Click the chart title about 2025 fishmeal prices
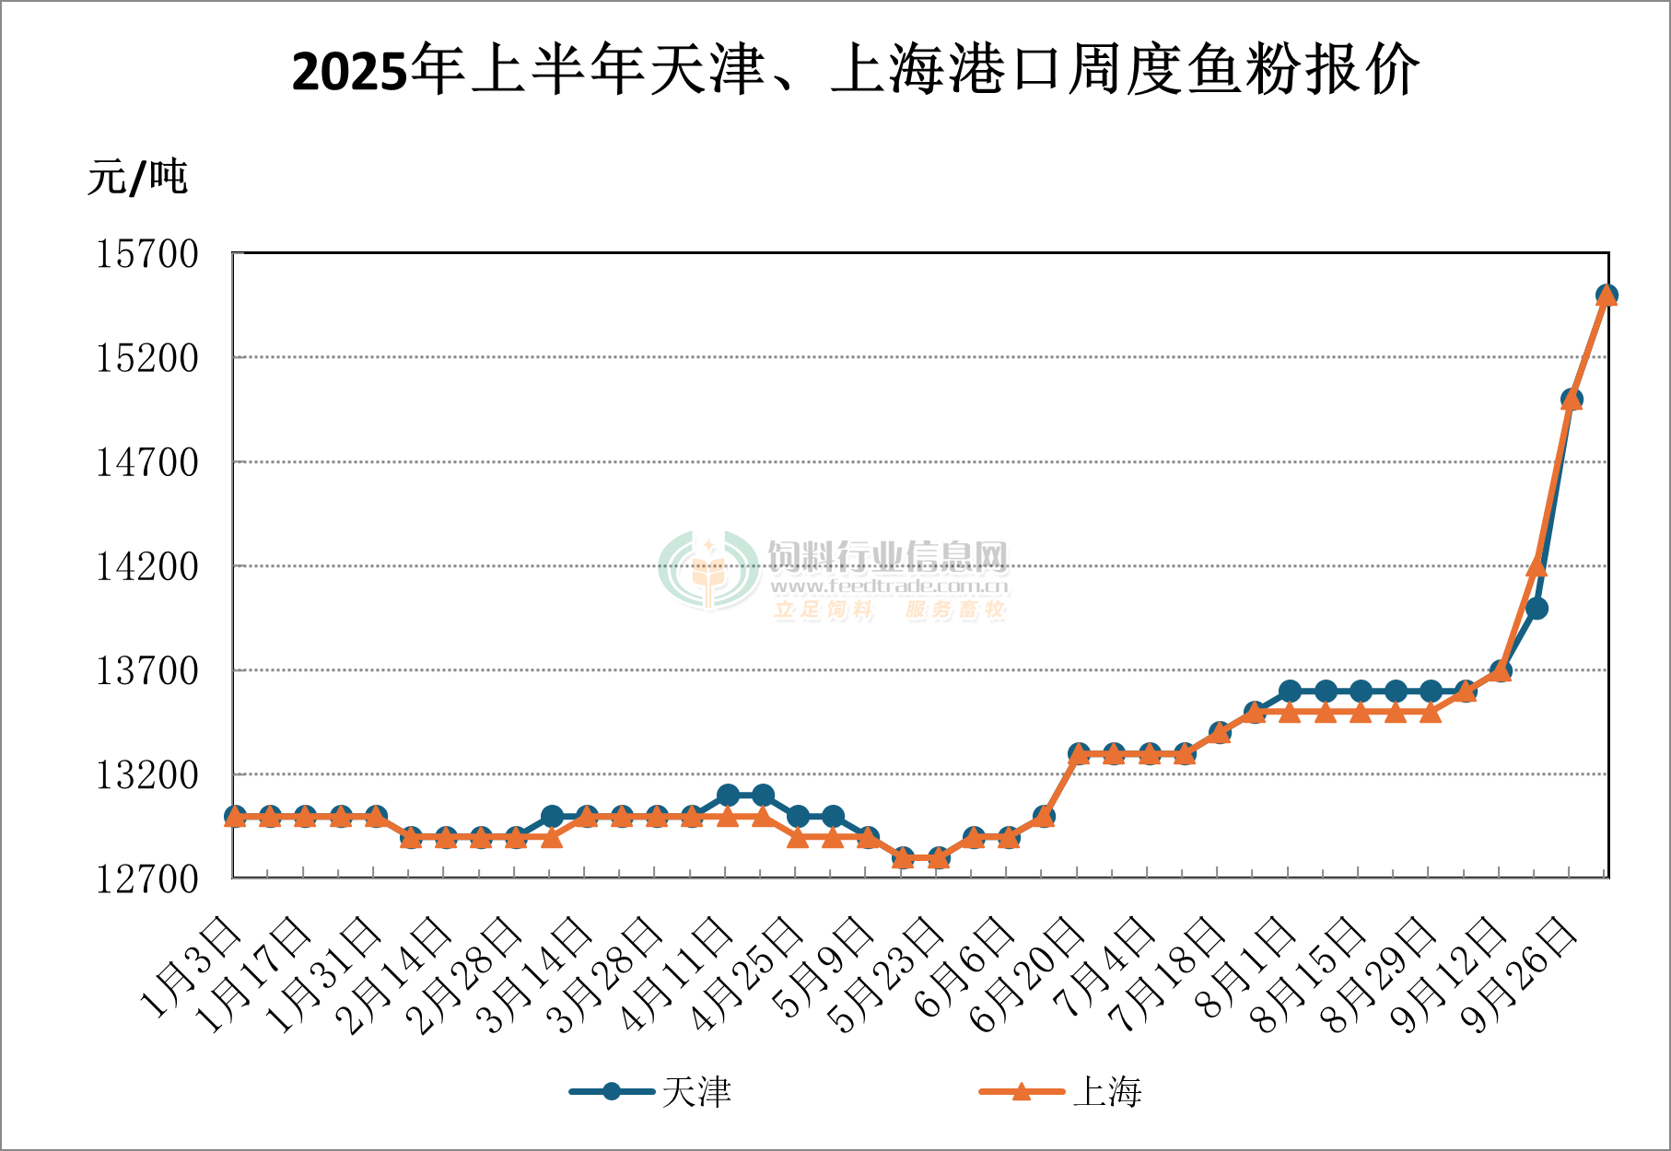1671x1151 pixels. pyautogui.click(x=855, y=71)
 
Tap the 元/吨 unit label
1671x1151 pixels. pyautogui.click(x=137, y=177)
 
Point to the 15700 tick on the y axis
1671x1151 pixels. pyautogui.click(x=147, y=254)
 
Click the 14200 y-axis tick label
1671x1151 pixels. pyautogui.click(x=147, y=567)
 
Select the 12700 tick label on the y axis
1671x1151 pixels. pyautogui.click(x=147, y=879)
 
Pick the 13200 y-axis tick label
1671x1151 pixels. pyautogui.click(x=147, y=775)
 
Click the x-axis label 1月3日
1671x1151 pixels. pyautogui.click(x=192, y=967)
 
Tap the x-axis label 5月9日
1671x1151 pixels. pyautogui.click(x=825, y=967)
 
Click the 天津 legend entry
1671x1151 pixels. pyautogui.click(x=651, y=1092)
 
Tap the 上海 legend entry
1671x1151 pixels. pyautogui.click(x=1061, y=1092)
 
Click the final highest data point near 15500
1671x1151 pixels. pyautogui.click(x=1607, y=296)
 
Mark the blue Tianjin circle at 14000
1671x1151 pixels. pyautogui.click(x=1537, y=609)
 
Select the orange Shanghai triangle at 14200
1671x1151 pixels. pyautogui.click(x=1537, y=567)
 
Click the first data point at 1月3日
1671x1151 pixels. pyautogui.click(x=235, y=817)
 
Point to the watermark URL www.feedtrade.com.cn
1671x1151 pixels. pyautogui.click(x=889, y=587)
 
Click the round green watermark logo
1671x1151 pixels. pyautogui.click(x=708, y=571)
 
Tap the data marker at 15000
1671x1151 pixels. pyautogui.click(x=1572, y=400)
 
